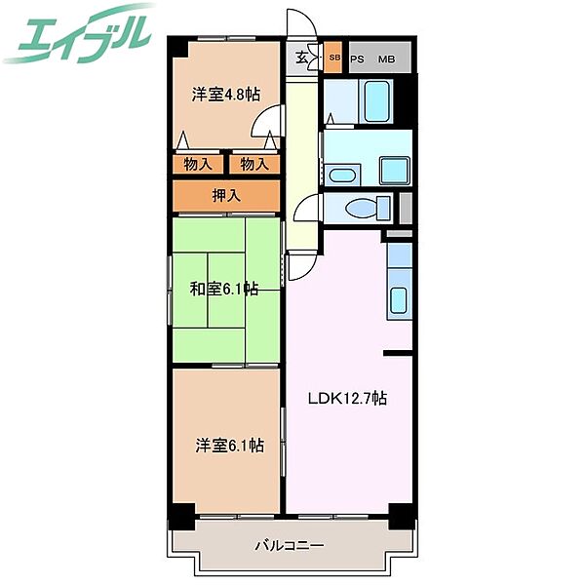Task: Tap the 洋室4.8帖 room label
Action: click(226, 94)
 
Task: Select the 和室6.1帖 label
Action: click(224, 289)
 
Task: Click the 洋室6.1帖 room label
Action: click(229, 446)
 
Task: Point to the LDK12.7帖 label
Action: click(347, 398)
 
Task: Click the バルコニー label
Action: click(290, 546)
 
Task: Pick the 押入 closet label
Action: click(226, 196)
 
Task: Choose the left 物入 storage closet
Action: click(198, 164)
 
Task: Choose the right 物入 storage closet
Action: click(254, 164)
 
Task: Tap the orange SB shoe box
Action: click(332, 58)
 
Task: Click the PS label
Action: click(357, 59)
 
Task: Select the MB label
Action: click(386, 59)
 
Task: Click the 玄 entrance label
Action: click(302, 58)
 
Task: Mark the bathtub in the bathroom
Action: click(376, 101)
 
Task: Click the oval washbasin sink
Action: click(342, 175)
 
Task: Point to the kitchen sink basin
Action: click(398, 300)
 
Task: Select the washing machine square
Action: click(395, 171)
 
